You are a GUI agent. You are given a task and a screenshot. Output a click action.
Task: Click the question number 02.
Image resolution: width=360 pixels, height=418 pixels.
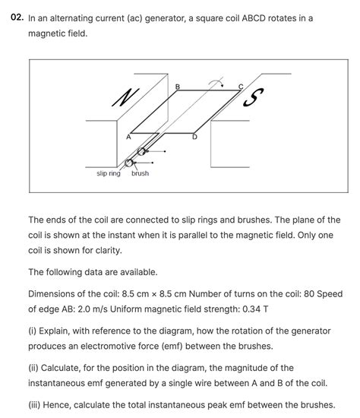point(16,17)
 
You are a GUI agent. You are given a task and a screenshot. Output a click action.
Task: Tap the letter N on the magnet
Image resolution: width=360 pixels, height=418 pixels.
point(122,97)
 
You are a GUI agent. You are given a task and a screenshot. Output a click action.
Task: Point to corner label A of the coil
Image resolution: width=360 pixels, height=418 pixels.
point(128,137)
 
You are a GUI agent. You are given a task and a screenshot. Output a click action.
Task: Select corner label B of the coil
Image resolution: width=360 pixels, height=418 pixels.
point(178,87)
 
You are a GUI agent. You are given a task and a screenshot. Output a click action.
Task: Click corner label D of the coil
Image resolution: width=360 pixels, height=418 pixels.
point(194,137)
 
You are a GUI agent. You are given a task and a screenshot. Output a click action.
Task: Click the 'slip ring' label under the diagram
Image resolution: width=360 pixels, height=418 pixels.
point(109,174)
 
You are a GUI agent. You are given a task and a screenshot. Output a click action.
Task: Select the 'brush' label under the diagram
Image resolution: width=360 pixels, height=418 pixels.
point(140,174)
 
